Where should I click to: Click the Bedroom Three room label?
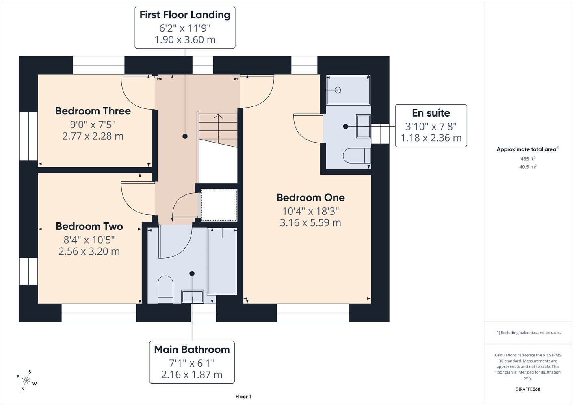(x=93, y=111)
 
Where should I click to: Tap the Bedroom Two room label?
(x=89, y=227)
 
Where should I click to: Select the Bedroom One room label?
(x=310, y=197)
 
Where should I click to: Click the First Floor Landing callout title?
(x=185, y=15)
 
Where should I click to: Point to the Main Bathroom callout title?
(x=192, y=350)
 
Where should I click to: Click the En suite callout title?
(x=431, y=113)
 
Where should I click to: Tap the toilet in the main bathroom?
(x=165, y=289)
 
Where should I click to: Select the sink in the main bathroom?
(x=193, y=297)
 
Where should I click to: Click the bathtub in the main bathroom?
(x=222, y=261)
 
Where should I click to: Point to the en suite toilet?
(x=357, y=156)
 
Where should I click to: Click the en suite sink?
(x=363, y=127)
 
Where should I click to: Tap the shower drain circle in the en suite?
(x=338, y=90)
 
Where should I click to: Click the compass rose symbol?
(x=26, y=380)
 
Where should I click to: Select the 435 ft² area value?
(x=528, y=159)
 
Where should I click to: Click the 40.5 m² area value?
(x=528, y=167)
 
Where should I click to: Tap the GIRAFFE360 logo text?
(x=528, y=389)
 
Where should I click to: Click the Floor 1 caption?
(x=243, y=397)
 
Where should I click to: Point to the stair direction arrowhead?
(x=218, y=116)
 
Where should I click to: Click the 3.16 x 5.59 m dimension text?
(x=310, y=222)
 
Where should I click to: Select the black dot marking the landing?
(x=185, y=136)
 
